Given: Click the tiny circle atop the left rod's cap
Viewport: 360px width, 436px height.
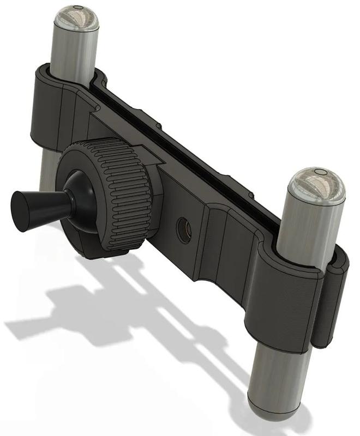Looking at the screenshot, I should [x=77, y=8].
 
